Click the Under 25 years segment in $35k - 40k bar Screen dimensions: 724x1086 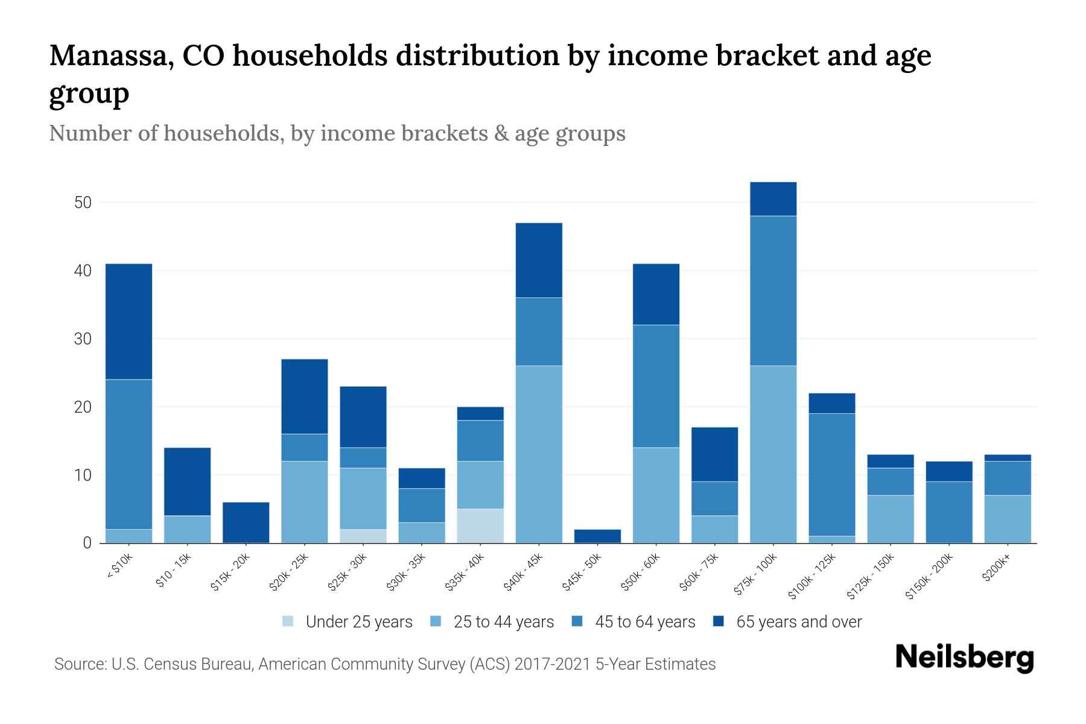pyautogui.click(x=480, y=526)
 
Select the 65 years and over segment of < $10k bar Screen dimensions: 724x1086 pyautogui.click(x=129, y=322)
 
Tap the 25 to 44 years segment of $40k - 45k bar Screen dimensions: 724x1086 pyautogui.click(x=539, y=454)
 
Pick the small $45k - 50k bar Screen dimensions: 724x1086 pyautogui.click(x=597, y=536)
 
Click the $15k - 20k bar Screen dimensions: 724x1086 pyautogui.click(x=246, y=522)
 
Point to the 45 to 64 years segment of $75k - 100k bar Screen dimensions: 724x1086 pyautogui.click(x=773, y=291)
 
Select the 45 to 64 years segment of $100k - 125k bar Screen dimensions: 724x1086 pyautogui.click(x=831, y=475)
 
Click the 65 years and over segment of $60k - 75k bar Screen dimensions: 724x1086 pyautogui.click(x=714, y=454)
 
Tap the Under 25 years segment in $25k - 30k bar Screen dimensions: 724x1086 pyautogui.click(x=363, y=536)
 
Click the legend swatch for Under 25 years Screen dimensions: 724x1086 pyautogui.click(x=288, y=621)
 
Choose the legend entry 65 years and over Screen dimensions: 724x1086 pyautogui.click(x=798, y=622)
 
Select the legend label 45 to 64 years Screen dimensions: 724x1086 pyautogui.click(x=644, y=622)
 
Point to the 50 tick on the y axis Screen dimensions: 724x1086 pyautogui.click(x=83, y=203)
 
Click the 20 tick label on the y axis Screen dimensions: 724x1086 pyautogui.click(x=83, y=407)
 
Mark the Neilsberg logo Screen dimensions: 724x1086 pyautogui.click(x=964, y=658)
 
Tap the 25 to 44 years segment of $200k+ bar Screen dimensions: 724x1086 pyautogui.click(x=1007, y=519)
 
